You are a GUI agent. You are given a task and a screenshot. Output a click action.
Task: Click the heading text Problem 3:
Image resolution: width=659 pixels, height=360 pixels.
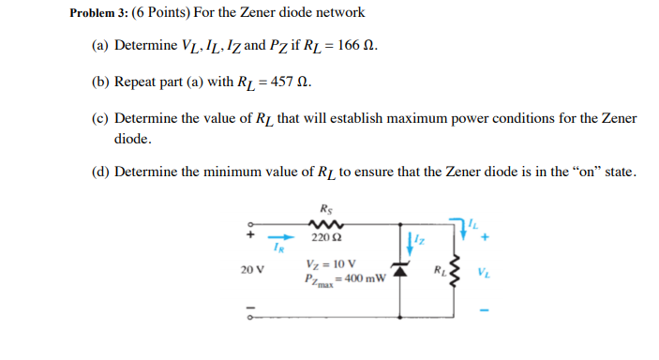pos(101,13)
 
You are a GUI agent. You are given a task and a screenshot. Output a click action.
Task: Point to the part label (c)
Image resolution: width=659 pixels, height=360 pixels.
pos(100,119)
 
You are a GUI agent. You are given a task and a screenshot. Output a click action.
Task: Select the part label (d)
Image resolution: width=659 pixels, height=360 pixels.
pos(100,172)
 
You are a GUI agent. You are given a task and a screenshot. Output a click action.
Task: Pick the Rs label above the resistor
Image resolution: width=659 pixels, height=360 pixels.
pos(324,209)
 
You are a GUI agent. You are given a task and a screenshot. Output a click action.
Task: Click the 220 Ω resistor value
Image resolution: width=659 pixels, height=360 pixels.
pos(324,239)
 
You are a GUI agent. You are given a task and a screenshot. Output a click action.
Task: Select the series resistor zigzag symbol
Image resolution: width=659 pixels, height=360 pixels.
pos(324,225)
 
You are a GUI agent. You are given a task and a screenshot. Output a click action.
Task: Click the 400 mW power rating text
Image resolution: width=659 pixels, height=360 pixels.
pos(363,278)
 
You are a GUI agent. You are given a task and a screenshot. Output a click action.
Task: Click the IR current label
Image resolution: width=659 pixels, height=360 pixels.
pos(278,247)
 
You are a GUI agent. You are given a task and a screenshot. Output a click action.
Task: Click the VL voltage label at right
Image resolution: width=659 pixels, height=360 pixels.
pos(482,275)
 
